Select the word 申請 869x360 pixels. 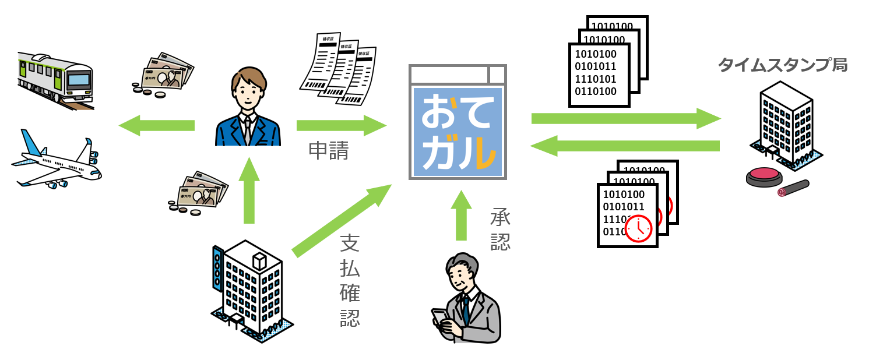tap(329, 151)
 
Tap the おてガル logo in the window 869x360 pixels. tap(458, 131)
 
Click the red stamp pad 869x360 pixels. tap(764, 176)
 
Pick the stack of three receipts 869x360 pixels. tap(338, 69)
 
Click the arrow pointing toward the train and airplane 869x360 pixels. tap(156, 125)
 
